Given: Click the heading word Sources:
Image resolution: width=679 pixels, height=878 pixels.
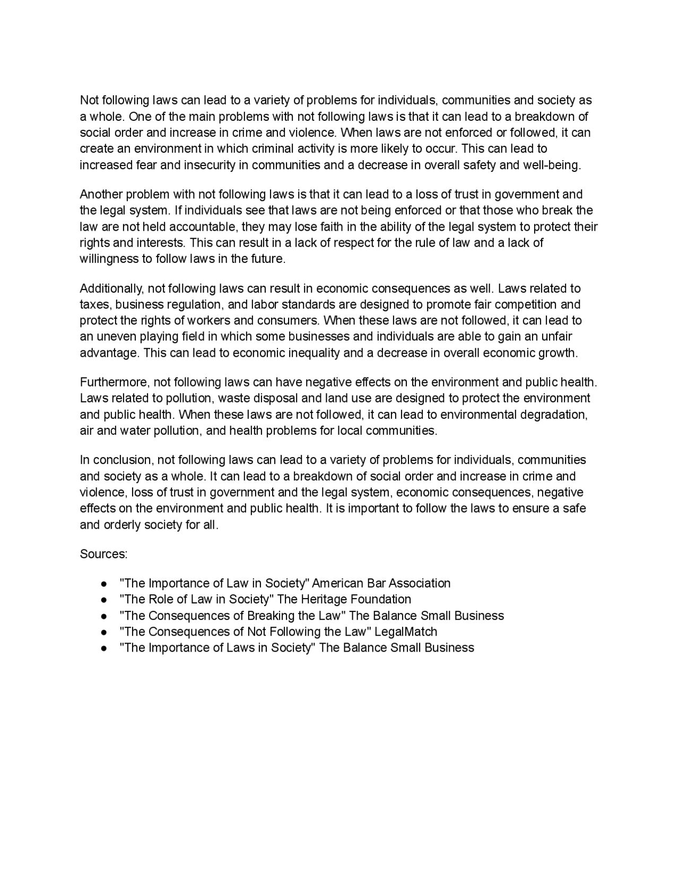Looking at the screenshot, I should coord(103,554).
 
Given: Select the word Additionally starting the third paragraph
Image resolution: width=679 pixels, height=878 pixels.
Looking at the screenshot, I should coord(111,288).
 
